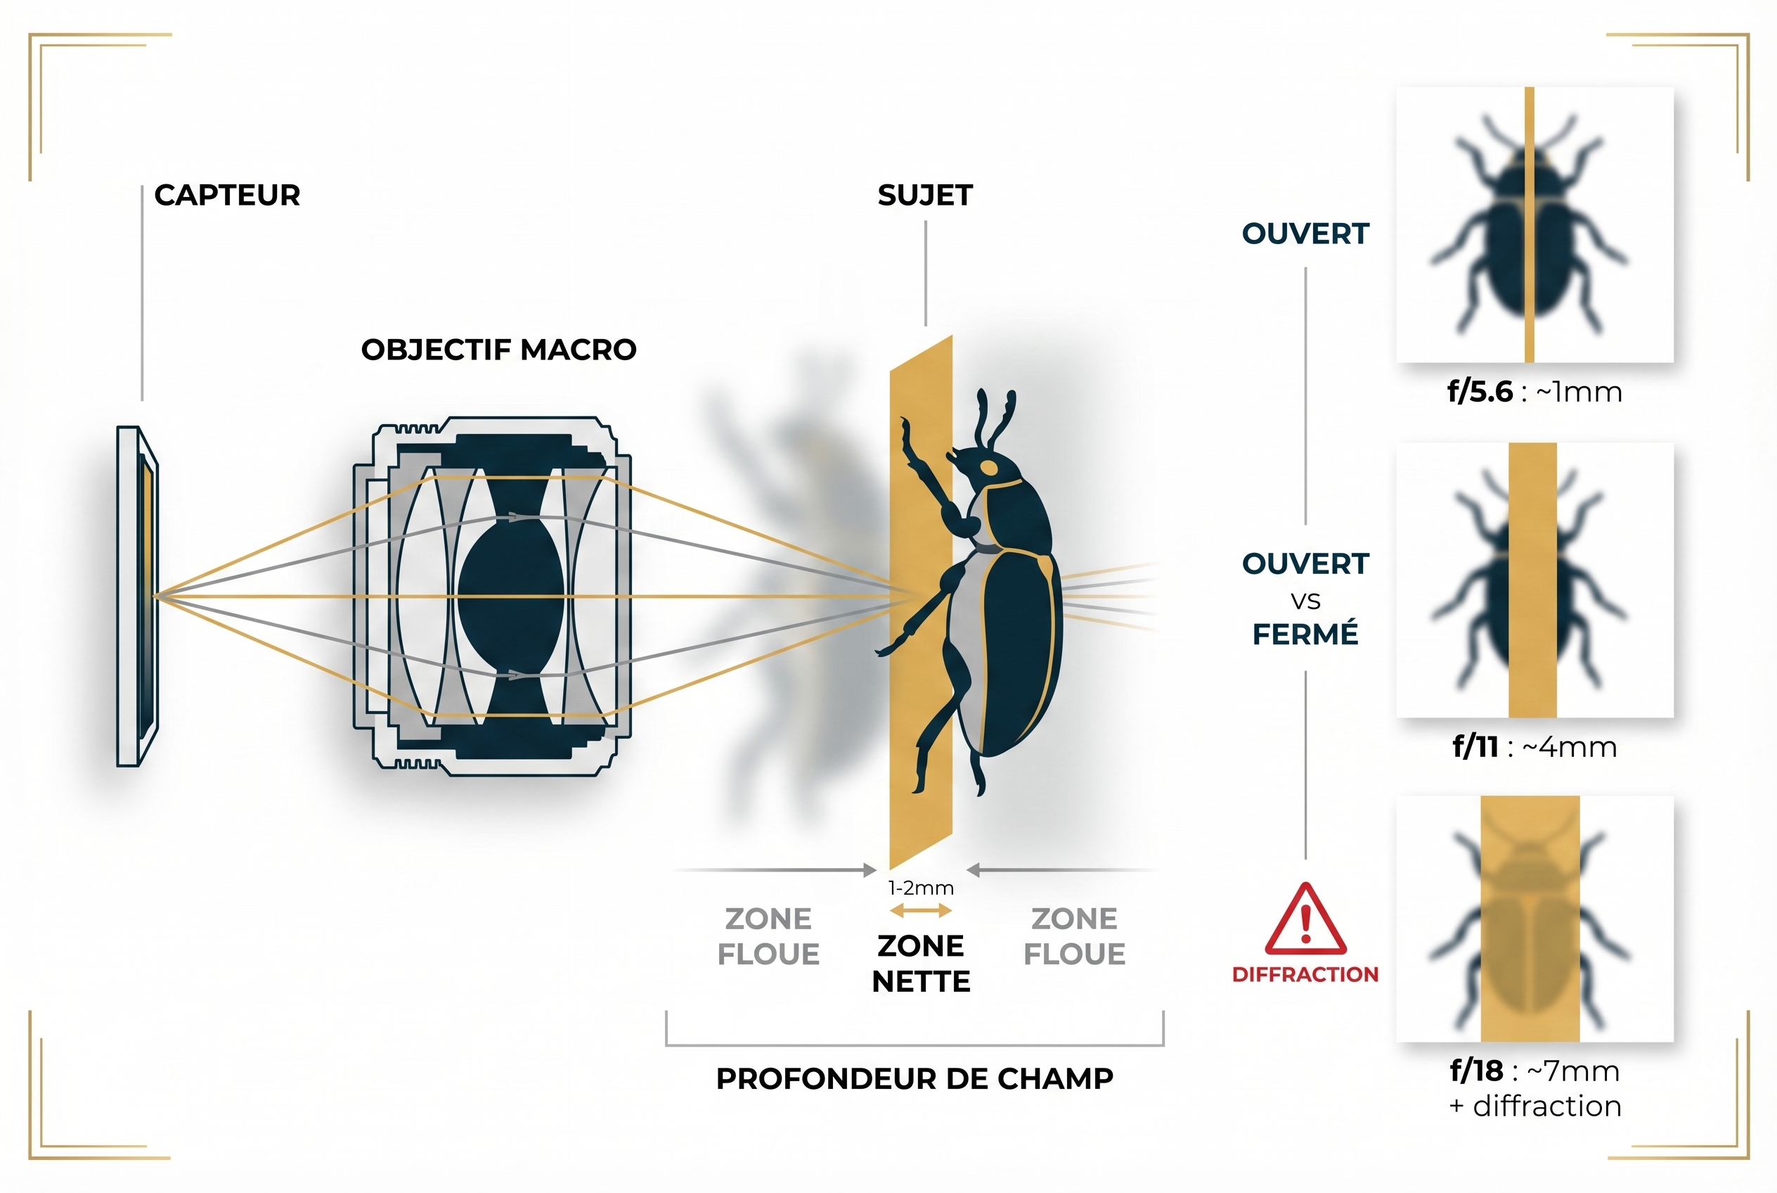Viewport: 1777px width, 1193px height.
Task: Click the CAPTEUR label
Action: tap(226, 196)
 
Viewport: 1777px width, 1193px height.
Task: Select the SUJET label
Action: tap(924, 196)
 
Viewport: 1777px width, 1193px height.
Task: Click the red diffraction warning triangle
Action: tap(1305, 920)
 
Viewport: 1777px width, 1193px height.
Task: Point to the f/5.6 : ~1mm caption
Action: tap(1534, 392)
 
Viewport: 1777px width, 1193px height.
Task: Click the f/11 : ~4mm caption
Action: tap(1534, 747)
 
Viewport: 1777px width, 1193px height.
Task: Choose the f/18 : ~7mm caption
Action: tap(1534, 1071)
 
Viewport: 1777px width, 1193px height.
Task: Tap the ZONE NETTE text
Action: tap(921, 964)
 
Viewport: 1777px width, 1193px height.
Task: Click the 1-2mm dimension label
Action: tap(921, 888)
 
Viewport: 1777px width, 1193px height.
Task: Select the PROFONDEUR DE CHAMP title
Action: tap(915, 1079)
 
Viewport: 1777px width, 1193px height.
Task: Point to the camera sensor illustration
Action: tap(138, 596)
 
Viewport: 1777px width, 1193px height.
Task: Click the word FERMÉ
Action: tap(1305, 634)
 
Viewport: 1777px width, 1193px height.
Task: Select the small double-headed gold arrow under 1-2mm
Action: tap(921, 911)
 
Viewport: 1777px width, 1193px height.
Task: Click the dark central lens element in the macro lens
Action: tap(511, 596)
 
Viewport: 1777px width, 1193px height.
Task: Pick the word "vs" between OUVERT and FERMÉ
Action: tap(1305, 600)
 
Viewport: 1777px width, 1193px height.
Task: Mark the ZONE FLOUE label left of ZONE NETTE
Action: tap(768, 936)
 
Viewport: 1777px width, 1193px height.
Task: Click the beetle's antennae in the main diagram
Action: tap(996, 419)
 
